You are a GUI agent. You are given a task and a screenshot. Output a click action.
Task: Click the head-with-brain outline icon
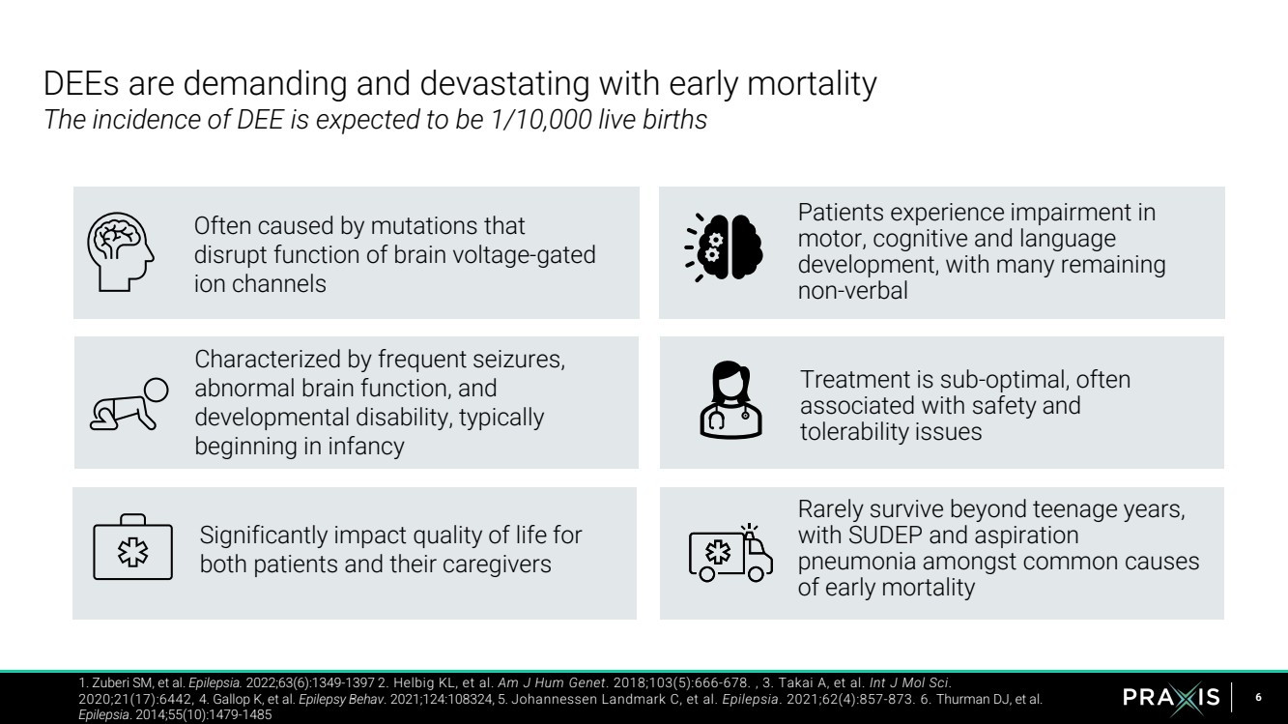tap(120, 252)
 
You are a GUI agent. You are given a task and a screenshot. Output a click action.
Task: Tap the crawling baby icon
tap(129, 404)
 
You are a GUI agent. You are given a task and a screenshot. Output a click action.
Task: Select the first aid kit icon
tap(132, 547)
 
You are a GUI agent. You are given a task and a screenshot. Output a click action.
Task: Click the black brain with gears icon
tap(724, 247)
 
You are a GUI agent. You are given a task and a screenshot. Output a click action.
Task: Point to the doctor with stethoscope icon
tap(730, 400)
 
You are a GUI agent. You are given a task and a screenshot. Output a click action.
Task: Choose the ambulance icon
tap(730, 553)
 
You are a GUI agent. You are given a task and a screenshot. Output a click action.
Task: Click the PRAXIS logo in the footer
tap(1171, 698)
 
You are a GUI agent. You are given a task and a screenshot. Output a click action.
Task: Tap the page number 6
tap(1258, 698)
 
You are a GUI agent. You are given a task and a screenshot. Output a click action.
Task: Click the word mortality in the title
tap(812, 84)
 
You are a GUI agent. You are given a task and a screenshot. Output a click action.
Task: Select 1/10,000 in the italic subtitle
tap(541, 120)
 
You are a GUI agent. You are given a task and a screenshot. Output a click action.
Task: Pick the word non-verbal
tap(853, 291)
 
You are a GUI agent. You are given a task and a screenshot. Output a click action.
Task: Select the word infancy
tap(365, 447)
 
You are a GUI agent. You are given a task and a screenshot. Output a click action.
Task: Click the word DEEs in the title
tap(81, 83)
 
